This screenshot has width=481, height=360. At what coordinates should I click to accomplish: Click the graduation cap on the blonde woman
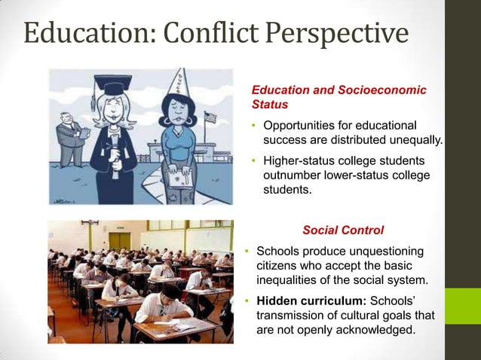(114, 87)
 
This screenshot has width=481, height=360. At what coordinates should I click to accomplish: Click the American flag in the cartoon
(210, 117)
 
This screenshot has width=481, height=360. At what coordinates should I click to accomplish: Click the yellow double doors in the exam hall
(119, 240)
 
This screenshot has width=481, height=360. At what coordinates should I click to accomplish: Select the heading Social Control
(343, 230)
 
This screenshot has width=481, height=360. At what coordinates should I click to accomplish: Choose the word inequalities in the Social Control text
(290, 280)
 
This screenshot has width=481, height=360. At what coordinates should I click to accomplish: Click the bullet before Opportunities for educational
(255, 125)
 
